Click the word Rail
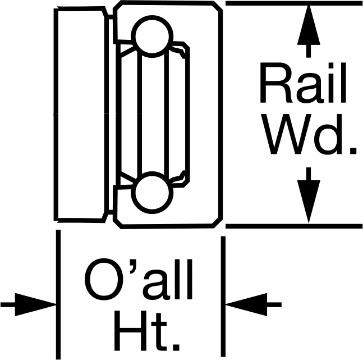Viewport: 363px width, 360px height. point(303,83)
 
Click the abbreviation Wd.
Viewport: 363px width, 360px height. point(309,134)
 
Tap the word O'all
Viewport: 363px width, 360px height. point(138,279)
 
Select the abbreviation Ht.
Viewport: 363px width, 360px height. point(147,330)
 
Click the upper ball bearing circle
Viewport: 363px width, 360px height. point(152,37)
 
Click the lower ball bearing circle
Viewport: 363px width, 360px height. point(152,193)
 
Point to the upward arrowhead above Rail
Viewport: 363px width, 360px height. point(309,25)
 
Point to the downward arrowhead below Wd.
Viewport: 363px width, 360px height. point(309,202)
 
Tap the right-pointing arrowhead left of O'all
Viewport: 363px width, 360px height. point(35,304)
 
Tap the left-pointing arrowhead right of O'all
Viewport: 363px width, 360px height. point(246,304)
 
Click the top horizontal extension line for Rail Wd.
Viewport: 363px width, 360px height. point(294,3)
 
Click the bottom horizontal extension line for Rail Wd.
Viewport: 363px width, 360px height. point(294,226)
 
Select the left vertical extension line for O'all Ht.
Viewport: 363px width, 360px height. point(58,294)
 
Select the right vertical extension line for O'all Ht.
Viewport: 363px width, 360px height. point(223,297)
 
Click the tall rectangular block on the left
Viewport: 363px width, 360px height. point(81,115)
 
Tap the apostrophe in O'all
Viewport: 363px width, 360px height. point(133,266)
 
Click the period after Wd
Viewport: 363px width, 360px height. point(353,151)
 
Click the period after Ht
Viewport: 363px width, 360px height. point(176,347)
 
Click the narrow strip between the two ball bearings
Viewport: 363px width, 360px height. point(152,115)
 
